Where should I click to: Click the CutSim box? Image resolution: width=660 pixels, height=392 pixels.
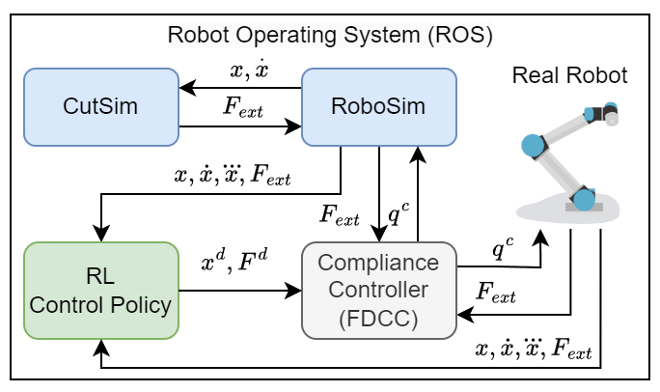click(101, 106)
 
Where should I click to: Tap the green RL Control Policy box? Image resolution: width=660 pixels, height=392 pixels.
click(101, 291)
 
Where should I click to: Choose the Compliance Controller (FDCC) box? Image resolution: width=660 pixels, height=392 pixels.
click(379, 291)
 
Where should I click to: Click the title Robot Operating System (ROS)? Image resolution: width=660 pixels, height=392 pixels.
click(330, 37)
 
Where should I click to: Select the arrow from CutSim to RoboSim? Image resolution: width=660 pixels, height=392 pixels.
click(241, 125)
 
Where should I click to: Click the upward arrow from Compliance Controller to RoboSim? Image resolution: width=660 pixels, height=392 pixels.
click(417, 193)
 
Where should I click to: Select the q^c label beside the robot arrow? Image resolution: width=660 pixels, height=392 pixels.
click(502, 250)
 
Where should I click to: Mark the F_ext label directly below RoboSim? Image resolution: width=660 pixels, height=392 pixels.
click(338, 214)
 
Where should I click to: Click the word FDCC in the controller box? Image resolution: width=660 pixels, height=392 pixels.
click(379, 317)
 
